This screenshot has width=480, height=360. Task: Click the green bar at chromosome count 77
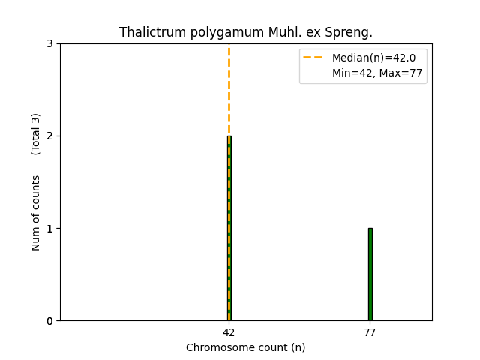point(370,274)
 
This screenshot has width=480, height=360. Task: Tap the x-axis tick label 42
point(229,332)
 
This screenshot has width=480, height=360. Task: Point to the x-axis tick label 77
point(370,332)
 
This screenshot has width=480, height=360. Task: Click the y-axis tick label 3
point(49,43)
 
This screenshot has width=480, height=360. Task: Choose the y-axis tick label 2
point(49,136)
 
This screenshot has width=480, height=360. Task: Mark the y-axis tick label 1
point(49,228)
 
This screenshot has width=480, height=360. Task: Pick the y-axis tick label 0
point(49,321)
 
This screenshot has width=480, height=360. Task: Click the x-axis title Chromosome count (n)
point(245,347)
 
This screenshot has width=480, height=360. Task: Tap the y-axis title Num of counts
point(36,213)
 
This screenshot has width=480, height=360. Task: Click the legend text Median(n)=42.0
point(373,58)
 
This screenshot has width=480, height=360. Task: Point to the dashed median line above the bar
point(229,90)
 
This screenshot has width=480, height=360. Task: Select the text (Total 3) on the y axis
point(36,134)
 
